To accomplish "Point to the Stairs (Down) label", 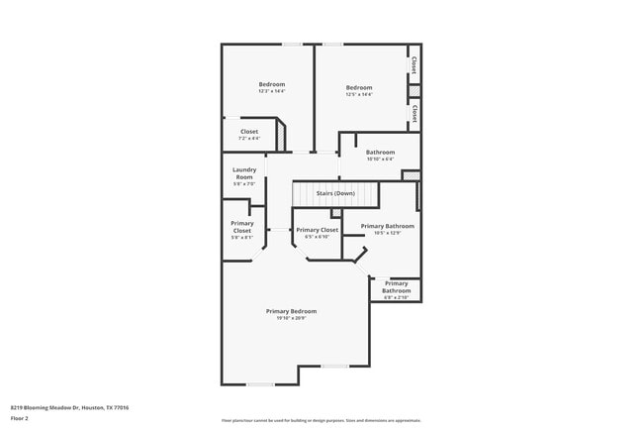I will click(335, 192).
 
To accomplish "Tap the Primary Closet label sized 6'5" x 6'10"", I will click(317, 232).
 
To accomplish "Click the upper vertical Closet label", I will click(413, 66).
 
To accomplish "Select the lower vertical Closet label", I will click(413, 112).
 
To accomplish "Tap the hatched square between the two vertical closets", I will click(414, 91).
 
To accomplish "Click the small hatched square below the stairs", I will click(336, 212).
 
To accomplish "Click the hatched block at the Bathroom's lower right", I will click(411, 175).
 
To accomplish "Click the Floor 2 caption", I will click(20, 418).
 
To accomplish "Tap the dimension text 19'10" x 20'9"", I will click(291, 318).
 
